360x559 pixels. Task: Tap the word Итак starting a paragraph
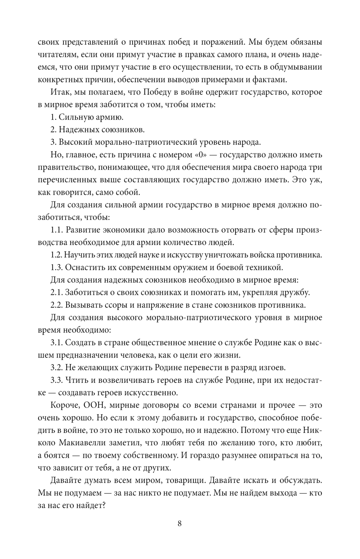(x=60, y=92)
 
